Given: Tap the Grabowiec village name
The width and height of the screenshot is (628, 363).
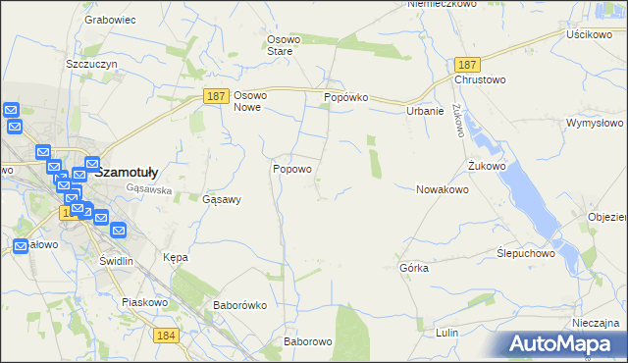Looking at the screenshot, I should pos(109,19).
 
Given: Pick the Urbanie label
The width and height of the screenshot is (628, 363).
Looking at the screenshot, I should pos(425,112).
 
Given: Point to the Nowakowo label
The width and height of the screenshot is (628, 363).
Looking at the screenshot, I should pos(443,189).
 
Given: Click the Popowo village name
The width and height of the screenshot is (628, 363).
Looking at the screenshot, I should pos(292,169).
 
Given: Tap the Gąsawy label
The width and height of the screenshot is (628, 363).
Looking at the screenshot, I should pos(222,198).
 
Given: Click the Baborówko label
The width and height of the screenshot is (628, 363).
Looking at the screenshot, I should pos(240,305).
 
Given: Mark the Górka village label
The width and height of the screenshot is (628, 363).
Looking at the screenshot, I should pos(414,268).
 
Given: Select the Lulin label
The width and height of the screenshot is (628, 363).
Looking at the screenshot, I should pos(446,334).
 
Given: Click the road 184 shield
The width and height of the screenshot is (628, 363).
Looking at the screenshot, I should pos(166,336).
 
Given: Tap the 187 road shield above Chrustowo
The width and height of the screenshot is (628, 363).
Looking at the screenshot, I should pos(466,63).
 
